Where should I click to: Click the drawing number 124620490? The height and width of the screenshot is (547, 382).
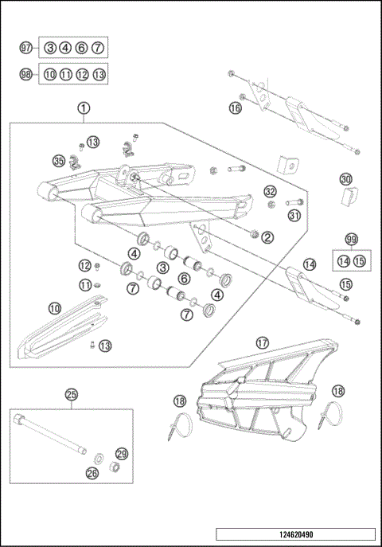click(295, 534)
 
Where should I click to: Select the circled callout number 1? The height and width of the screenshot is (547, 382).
click(84, 107)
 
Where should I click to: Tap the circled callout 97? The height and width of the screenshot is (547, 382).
click(25, 48)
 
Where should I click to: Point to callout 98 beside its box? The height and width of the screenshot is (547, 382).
click(25, 74)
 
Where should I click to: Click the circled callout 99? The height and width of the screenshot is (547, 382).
click(351, 240)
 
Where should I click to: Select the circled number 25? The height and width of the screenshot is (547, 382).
click(71, 394)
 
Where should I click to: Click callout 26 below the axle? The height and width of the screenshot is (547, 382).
click(92, 473)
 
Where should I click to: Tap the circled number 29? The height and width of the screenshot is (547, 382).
click(122, 452)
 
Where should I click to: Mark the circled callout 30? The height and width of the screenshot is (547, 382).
click(345, 179)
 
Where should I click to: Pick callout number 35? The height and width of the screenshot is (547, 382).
click(57, 160)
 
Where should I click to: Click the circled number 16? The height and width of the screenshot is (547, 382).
click(235, 107)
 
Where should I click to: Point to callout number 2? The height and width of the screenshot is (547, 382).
click(267, 236)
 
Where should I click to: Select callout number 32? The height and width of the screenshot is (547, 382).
click(270, 192)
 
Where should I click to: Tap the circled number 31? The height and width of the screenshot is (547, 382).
click(294, 215)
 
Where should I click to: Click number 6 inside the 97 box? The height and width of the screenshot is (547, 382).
click(82, 48)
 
